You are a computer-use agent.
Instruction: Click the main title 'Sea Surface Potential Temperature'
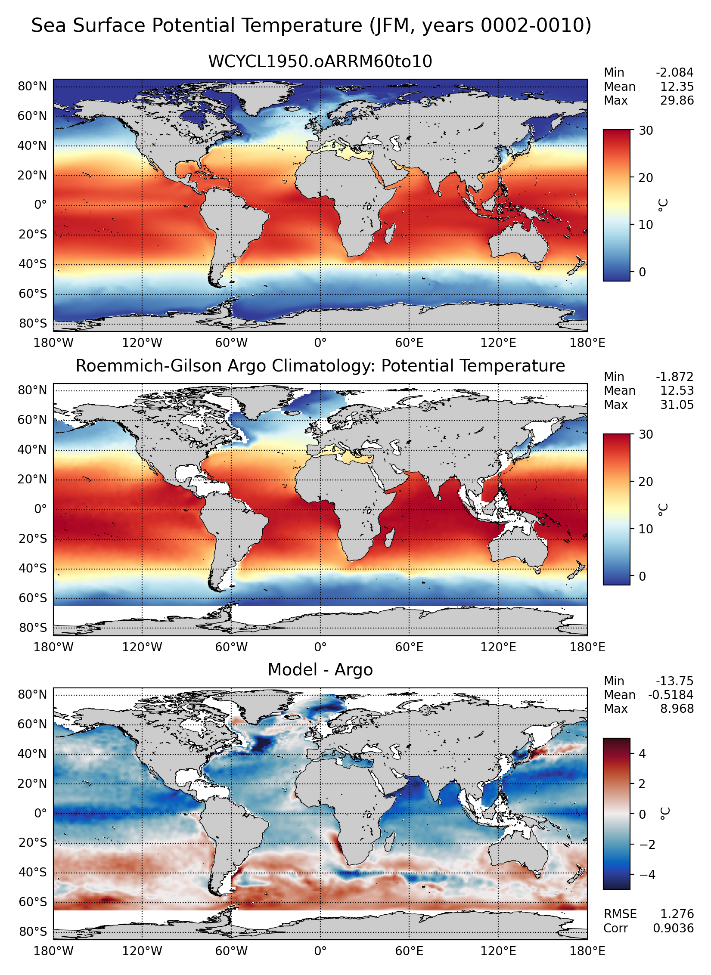click(311, 26)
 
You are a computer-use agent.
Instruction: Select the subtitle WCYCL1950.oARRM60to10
click(320, 62)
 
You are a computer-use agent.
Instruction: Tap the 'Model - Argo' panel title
click(320, 670)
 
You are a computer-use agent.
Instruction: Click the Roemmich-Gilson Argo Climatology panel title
click(320, 366)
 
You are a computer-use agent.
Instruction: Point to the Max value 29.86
click(677, 101)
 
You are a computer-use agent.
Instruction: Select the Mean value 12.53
click(677, 391)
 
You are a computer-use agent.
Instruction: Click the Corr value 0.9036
click(673, 928)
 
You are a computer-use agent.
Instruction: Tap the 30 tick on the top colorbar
click(646, 130)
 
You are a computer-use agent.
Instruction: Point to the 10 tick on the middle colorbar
click(646, 529)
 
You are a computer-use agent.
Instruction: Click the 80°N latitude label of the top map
click(32, 87)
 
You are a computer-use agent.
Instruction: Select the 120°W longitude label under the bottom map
click(142, 951)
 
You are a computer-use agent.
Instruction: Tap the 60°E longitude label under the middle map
click(409, 647)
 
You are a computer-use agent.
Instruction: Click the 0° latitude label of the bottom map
click(40, 814)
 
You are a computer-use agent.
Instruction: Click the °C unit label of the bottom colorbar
click(664, 814)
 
